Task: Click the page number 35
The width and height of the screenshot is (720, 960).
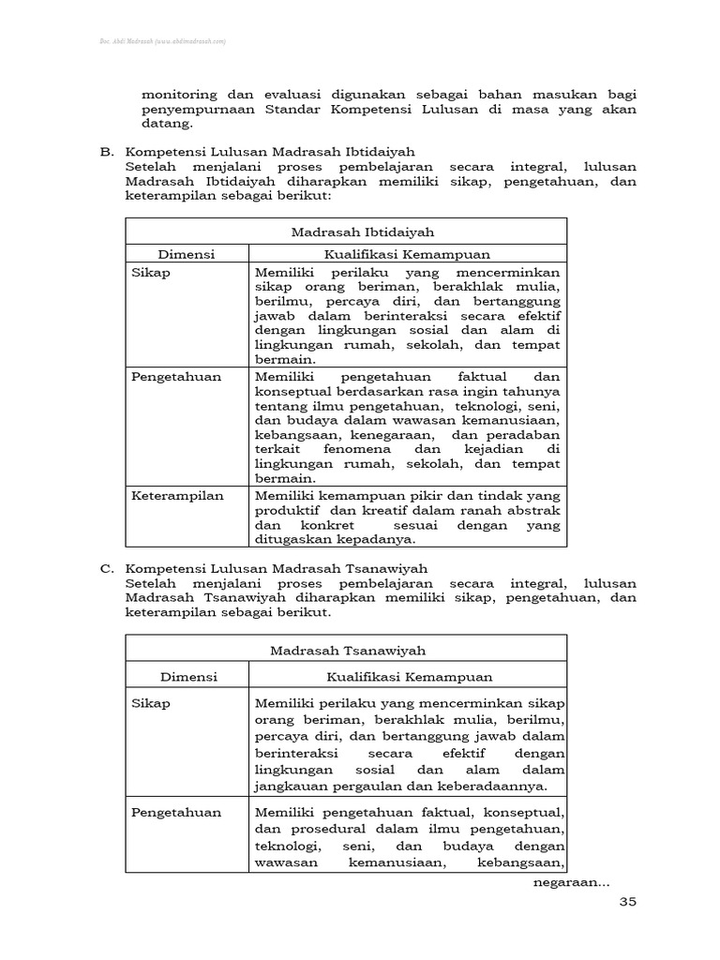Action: tap(627, 902)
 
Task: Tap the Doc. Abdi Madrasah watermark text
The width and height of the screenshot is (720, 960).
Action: tap(162, 42)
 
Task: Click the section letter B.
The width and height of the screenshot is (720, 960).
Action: tap(106, 152)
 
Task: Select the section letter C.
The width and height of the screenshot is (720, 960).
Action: tap(106, 568)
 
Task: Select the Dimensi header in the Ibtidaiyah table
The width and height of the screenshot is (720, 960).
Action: tap(187, 254)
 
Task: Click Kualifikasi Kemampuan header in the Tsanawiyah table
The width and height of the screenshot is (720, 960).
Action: tap(408, 677)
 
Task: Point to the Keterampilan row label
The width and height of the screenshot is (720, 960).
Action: tap(177, 495)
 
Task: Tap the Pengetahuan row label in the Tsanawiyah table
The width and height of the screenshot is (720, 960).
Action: tap(176, 812)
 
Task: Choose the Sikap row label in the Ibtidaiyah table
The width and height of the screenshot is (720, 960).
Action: tap(151, 272)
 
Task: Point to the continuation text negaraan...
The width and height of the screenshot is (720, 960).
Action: tap(571, 882)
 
